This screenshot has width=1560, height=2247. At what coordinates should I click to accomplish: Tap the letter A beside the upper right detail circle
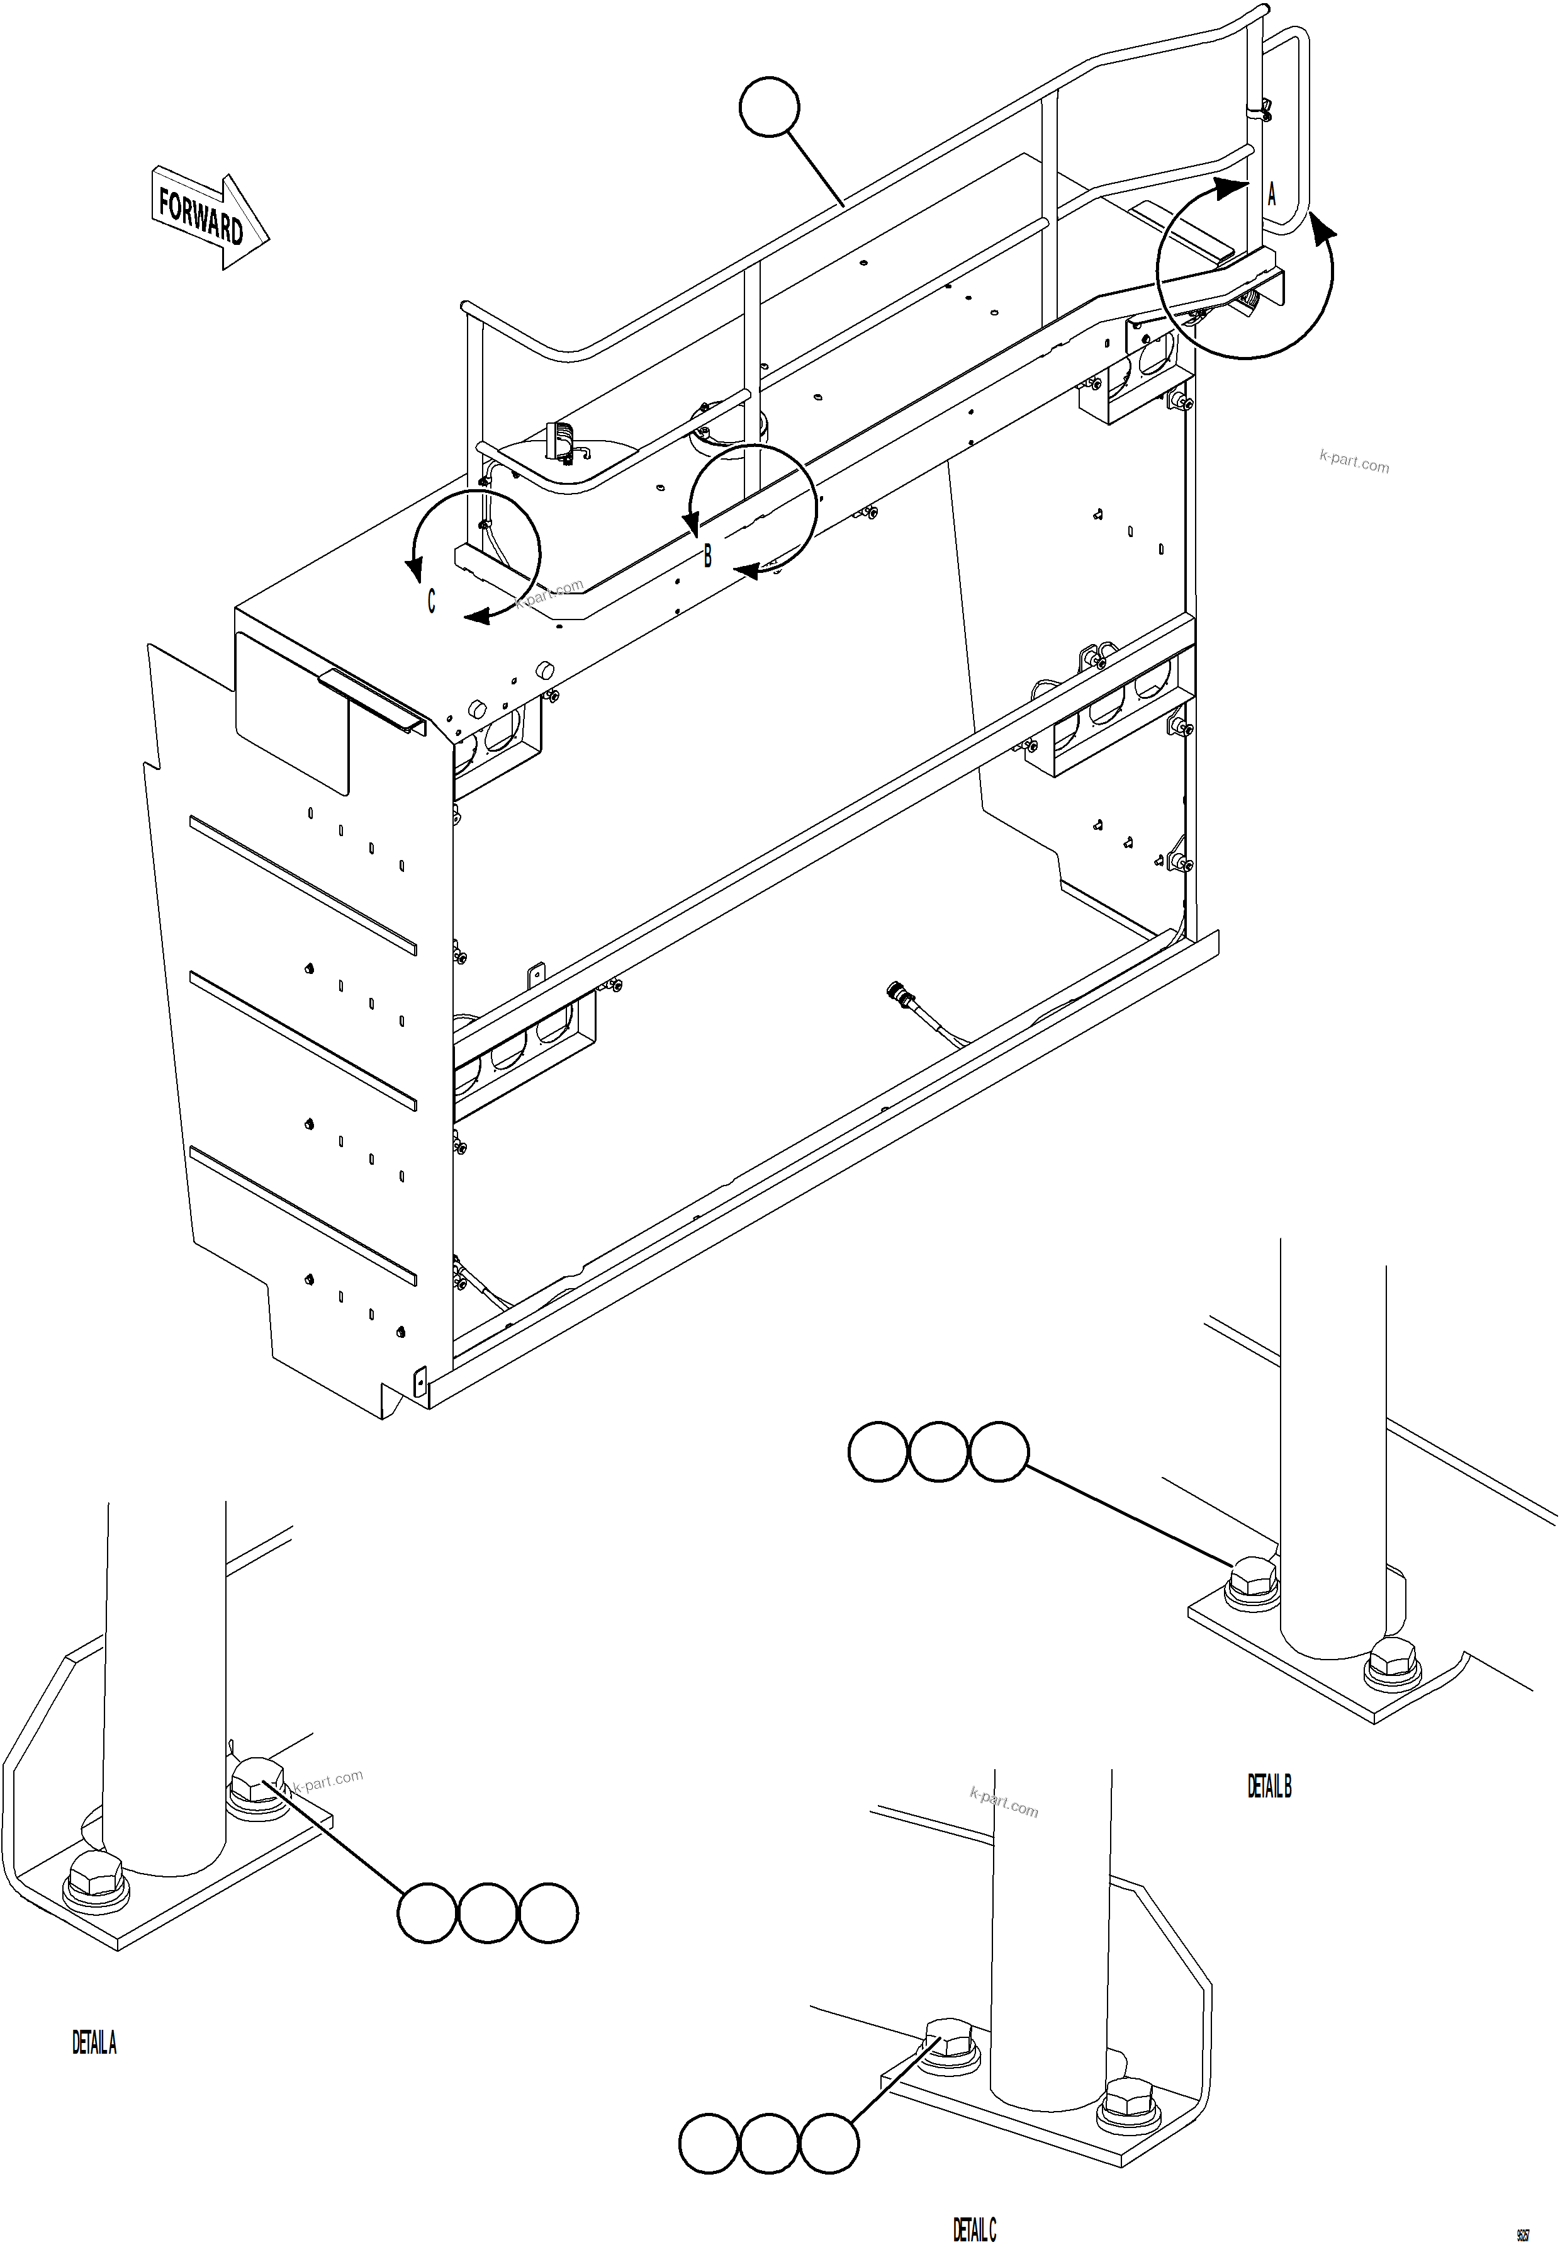[1272, 195]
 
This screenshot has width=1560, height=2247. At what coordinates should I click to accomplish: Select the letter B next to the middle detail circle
[708, 555]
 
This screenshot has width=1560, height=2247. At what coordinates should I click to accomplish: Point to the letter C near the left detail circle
[431, 601]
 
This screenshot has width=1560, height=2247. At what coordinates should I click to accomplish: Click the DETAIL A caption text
[94, 2042]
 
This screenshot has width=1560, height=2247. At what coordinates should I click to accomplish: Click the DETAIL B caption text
[1269, 1786]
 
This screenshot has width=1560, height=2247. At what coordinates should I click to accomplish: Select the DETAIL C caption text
[975, 2202]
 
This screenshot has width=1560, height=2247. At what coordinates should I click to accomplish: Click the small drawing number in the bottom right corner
[1522, 2208]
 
